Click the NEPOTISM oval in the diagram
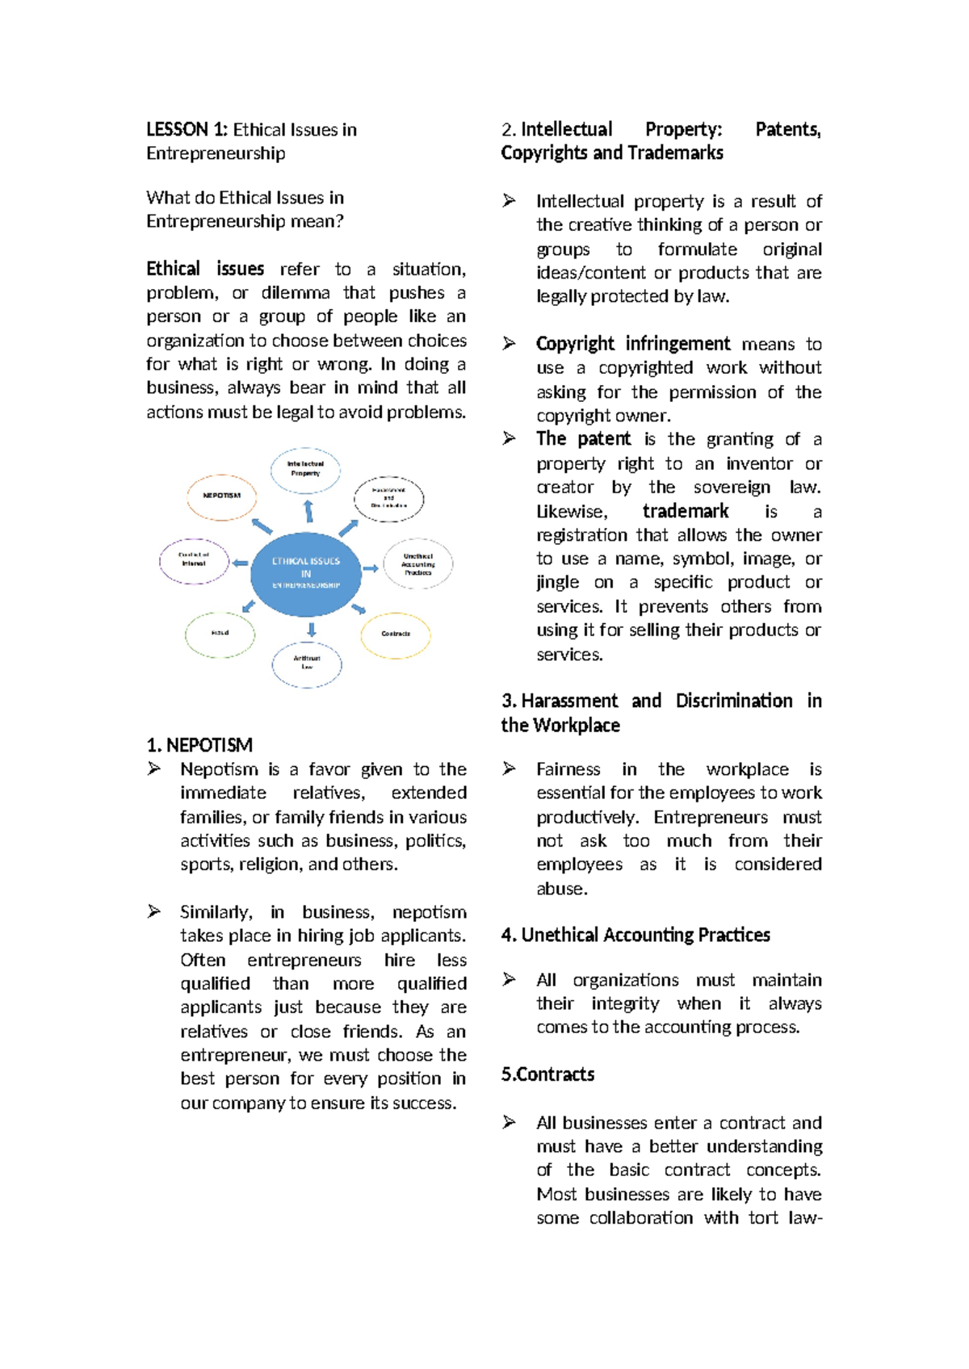click(221, 496)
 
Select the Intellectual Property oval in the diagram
click(305, 470)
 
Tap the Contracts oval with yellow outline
click(396, 634)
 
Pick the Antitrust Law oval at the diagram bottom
click(307, 664)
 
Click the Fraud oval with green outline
click(220, 634)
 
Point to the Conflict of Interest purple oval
click(194, 560)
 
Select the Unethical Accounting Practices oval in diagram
click(417, 563)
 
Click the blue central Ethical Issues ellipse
click(306, 573)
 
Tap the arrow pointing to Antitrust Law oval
click(311, 630)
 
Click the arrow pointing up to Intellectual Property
click(308, 511)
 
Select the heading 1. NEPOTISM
click(199, 745)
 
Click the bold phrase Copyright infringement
click(632, 344)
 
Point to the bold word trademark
click(685, 512)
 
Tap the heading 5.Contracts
click(547, 1074)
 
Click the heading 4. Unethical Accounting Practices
click(635, 936)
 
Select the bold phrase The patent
click(583, 439)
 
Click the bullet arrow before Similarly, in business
click(154, 912)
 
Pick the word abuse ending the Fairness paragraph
click(560, 889)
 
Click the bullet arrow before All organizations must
click(509, 980)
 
